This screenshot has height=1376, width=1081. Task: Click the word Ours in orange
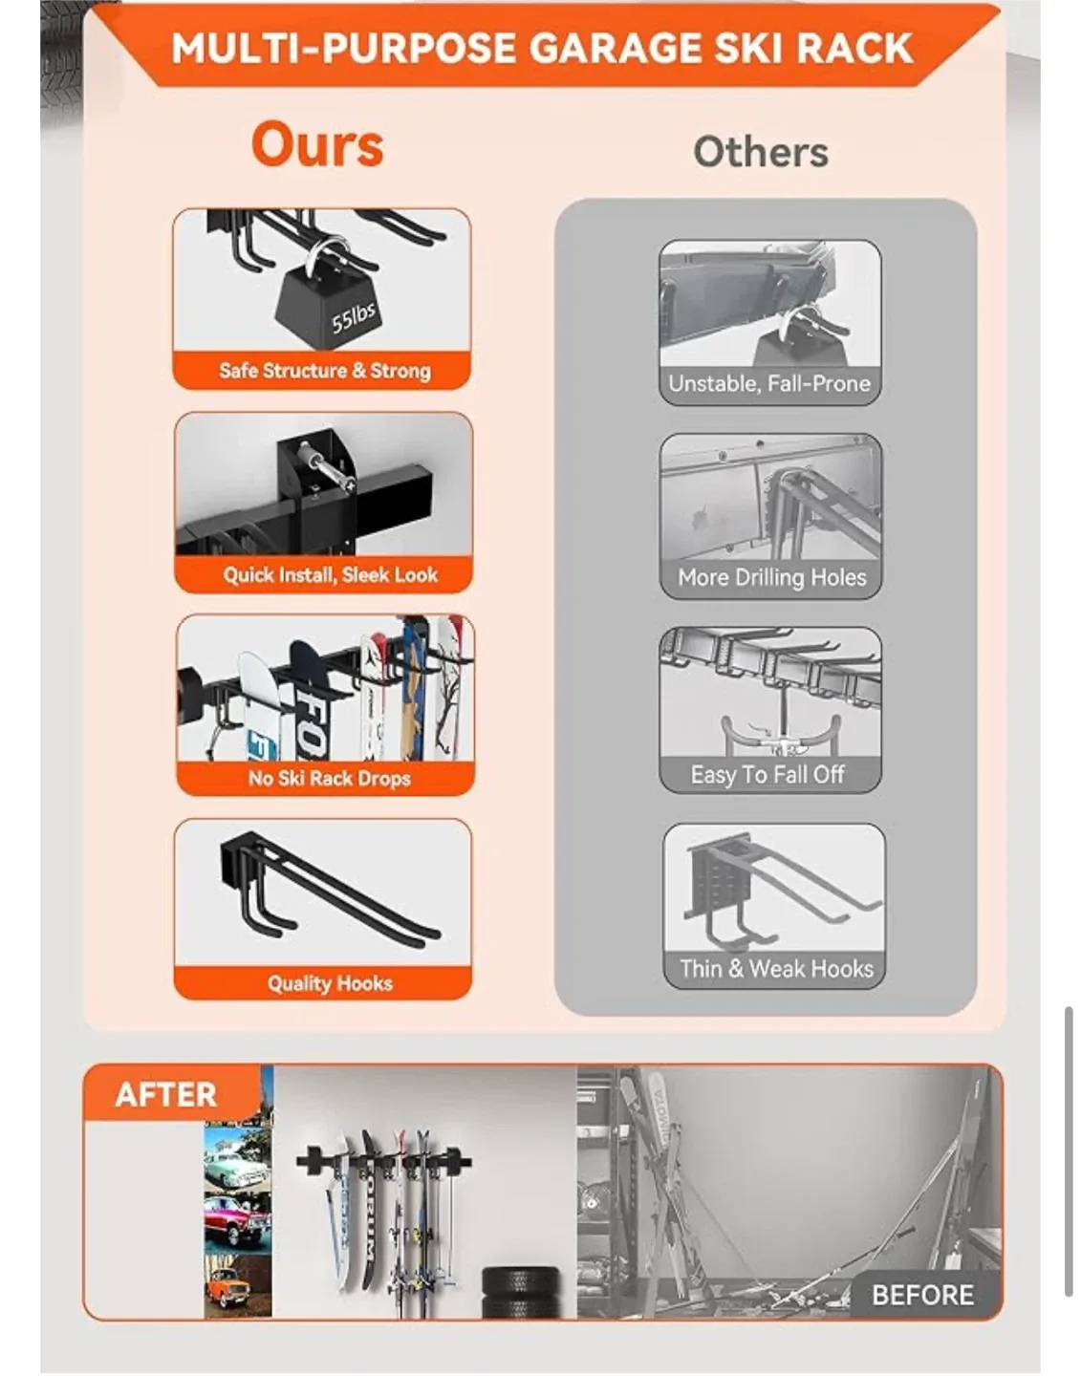click(317, 145)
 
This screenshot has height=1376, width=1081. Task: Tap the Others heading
click(761, 153)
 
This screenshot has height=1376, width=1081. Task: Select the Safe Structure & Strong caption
click(325, 371)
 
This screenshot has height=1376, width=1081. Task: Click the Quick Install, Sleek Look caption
click(330, 575)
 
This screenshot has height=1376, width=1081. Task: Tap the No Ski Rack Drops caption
click(330, 778)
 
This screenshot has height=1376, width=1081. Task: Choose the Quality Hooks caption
click(330, 982)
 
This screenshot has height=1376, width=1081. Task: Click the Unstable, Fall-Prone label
click(769, 384)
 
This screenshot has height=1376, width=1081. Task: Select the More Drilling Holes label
click(772, 577)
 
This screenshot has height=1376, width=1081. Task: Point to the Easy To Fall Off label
click(768, 774)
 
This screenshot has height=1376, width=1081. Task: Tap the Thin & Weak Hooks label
click(777, 969)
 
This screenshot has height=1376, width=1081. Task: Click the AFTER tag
click(166, 1095)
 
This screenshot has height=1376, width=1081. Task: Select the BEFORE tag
click(922, 1295)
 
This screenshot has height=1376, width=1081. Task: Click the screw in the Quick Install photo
click(334, 472)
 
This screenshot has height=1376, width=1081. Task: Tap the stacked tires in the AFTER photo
click(521, 1293)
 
